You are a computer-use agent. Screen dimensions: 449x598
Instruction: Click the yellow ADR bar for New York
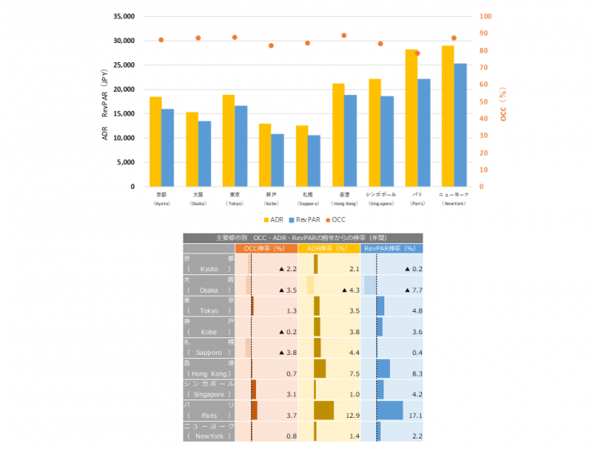(448, 116)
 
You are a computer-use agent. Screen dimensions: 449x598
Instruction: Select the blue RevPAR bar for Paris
(423, 132)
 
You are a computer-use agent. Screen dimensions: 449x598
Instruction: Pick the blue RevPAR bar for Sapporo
(314, 160)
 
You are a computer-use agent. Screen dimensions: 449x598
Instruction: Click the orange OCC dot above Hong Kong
(344, 36)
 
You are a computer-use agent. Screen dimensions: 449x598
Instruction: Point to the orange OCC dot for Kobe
(271, 45)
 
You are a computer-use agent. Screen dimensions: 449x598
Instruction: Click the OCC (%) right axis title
(503, 101)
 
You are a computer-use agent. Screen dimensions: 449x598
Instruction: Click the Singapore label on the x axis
(380, 199)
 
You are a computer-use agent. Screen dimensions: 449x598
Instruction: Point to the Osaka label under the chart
(198, 199)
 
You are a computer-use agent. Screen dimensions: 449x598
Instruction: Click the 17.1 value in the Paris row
(415, 415)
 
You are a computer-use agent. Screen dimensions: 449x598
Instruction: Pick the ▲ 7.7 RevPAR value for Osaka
(413, 290)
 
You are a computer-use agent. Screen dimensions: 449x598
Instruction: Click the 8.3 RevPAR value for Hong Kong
(417, 373)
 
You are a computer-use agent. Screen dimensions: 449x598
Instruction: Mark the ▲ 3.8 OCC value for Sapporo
(287, 353)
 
